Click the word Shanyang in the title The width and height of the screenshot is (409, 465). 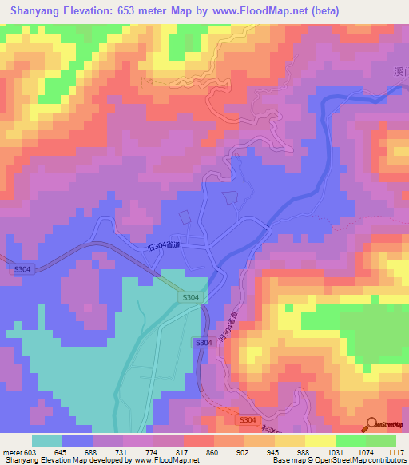point(34,11)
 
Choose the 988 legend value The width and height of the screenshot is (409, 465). point(305,452)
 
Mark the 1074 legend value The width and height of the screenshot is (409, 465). point(365,452)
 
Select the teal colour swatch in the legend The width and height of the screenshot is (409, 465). point(46,440)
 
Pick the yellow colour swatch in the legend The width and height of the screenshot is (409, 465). point(320,440)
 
